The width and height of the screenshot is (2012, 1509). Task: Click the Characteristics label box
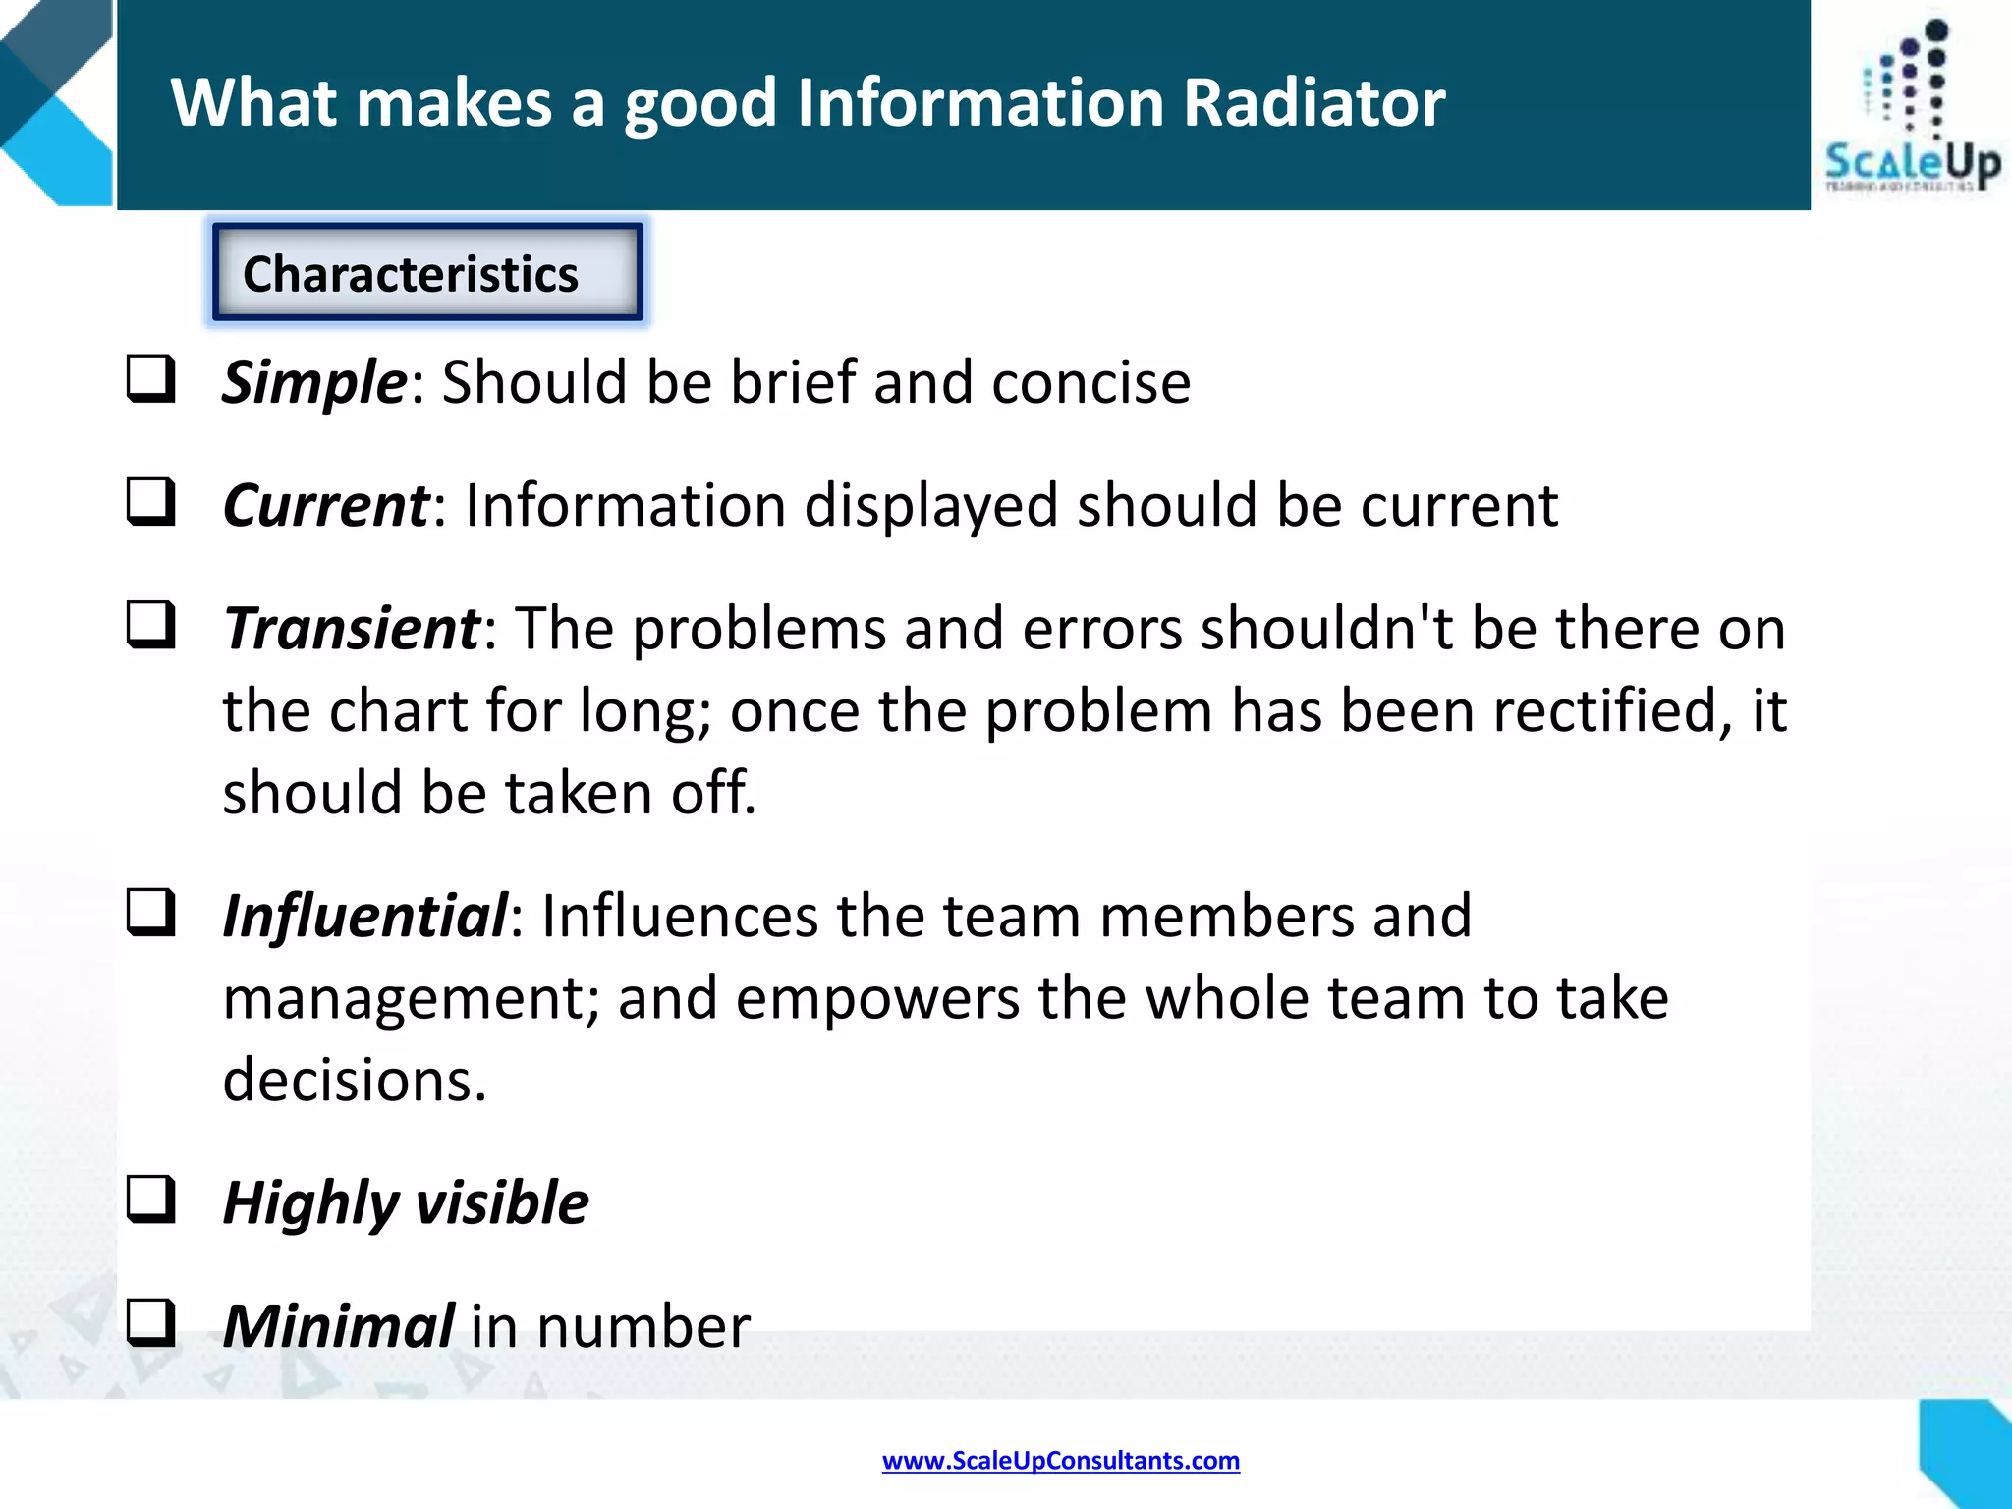point(427,272)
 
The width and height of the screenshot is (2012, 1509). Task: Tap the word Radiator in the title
point(1313,103)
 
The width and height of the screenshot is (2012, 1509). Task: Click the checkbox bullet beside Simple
point(151,379)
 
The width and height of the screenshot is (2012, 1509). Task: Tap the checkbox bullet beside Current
point(151,502)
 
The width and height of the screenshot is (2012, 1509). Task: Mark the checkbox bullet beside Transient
point(151,626)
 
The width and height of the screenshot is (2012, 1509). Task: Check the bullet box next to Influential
point(151,913)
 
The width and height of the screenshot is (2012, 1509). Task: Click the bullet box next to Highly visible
point(151,1201)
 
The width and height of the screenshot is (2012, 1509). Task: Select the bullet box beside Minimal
point(151,1323)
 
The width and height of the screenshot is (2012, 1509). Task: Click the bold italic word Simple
point(313,382)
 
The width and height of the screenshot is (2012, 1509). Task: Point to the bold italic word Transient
point(351,629)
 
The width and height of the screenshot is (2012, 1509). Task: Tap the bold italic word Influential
point(364,916)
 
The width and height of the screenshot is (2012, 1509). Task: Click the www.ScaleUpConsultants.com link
point(1060,1461)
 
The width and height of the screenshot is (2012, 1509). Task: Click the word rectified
point(1612,711)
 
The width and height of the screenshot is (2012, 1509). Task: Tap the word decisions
point(355,1081)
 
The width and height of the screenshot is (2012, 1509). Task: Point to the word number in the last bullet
point(643,1326)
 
